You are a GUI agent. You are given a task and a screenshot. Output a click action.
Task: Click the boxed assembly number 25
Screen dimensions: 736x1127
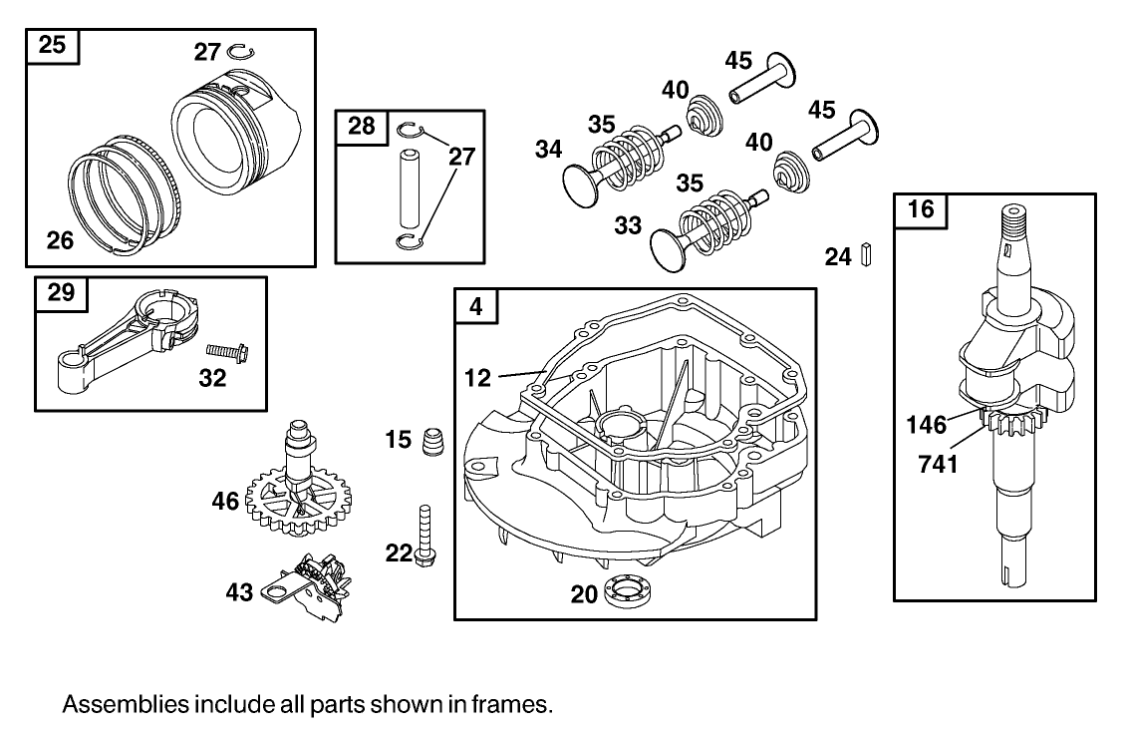[x=53, y=45]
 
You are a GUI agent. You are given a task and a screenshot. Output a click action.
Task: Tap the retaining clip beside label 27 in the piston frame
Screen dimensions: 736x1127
[x=238, y=52]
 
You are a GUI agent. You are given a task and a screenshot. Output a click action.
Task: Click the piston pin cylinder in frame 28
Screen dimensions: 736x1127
[x=409, y=187]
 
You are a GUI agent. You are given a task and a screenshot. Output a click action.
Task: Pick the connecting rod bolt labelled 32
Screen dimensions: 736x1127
[x=226, y=351]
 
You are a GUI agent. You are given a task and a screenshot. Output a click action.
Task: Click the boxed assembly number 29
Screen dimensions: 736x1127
[x=61, y=293]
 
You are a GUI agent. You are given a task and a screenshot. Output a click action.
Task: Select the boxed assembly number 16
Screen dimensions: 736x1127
[x=922, y=210]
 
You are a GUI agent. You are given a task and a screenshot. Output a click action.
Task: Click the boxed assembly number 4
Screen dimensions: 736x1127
[x=477, y=306]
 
